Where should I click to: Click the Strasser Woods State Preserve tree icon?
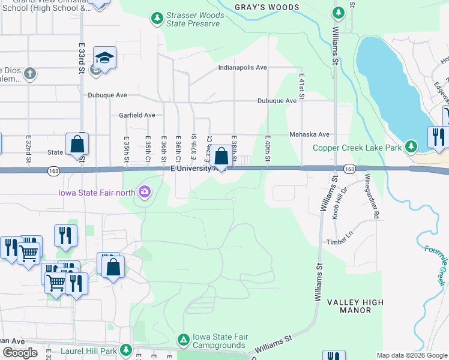(157, 19)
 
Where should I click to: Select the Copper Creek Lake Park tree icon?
(411, 146)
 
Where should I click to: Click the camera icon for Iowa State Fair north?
(144, 192)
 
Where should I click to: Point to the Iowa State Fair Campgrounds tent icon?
(183, 340)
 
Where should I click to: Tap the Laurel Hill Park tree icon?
(125, 349)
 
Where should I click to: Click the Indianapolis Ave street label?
(243, 68)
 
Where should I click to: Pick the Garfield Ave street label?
(137, 115)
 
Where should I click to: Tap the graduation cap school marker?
(104, 58)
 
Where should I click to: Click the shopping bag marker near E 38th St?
(221, 157)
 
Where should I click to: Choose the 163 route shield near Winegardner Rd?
(349, 170)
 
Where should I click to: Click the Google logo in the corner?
(20, 353)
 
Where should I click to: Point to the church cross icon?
(30, 74)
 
